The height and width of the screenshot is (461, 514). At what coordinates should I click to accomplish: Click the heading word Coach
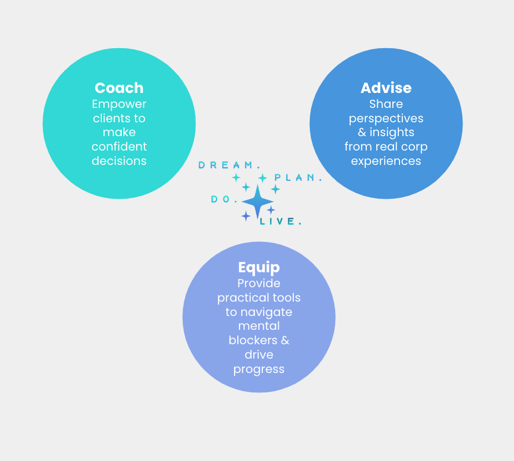pos(119,88)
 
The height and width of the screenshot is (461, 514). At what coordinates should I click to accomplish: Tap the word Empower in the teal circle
pos(119,104)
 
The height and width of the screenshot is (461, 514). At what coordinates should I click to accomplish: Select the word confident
pos(119,147)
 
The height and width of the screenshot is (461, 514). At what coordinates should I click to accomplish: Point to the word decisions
pos(119,161)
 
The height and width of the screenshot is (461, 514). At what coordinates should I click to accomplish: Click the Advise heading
pos(386,88)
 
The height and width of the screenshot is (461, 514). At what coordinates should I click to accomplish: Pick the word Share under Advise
pos(386,104)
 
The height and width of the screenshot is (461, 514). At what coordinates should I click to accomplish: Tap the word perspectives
pos(386,118)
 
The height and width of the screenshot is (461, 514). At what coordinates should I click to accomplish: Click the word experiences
pos(386,161)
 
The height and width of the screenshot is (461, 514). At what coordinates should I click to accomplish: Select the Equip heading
pos(259,267)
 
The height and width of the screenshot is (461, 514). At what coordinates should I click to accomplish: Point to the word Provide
pos(259,283)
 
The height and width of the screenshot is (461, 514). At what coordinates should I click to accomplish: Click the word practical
pos(242,298)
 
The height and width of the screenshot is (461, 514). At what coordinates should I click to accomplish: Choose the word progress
pos(259,369)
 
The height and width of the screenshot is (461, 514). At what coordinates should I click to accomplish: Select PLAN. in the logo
pos(298,178)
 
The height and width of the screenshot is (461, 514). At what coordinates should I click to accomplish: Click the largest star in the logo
pos(257,201)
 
